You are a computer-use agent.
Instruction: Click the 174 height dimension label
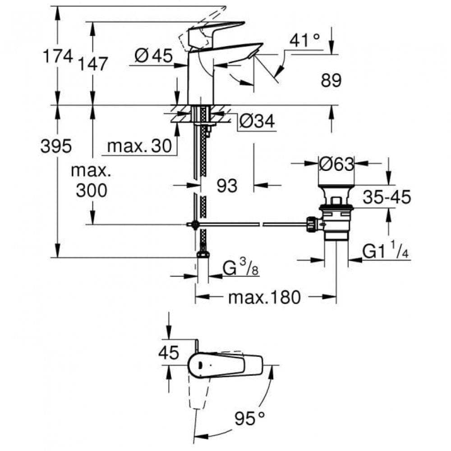pos(57,56)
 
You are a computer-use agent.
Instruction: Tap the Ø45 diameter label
pos(153,56)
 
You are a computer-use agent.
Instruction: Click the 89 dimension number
pos(331,81)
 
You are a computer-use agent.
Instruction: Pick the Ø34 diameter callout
pos(257,121)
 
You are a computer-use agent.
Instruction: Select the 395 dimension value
pos(56,146)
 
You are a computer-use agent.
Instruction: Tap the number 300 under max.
pos(92,190)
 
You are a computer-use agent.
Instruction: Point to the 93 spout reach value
pos(227,185)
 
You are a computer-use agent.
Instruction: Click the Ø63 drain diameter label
pos(336,165)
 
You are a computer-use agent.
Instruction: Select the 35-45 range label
pos(388,197)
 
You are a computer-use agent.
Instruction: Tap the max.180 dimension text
pos(264,297)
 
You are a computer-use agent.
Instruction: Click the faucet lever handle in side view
pos(216,30)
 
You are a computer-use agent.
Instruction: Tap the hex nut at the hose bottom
pos(202,254)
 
